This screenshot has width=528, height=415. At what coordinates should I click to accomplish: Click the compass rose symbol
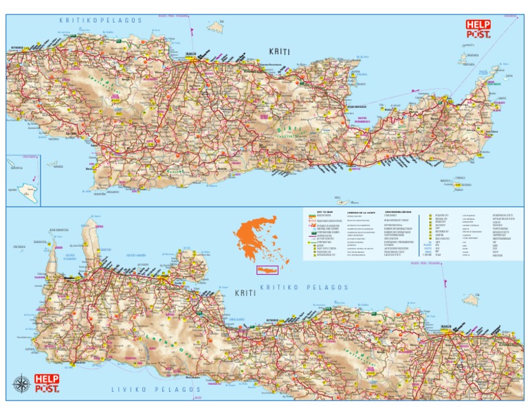pos(22,384)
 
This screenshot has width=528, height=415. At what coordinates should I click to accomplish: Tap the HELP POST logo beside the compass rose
pos(47,383)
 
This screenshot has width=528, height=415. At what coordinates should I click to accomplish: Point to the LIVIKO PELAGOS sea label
pos(156,390)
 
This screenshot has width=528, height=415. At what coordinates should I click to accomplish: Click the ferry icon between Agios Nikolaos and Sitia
pos(414,90)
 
